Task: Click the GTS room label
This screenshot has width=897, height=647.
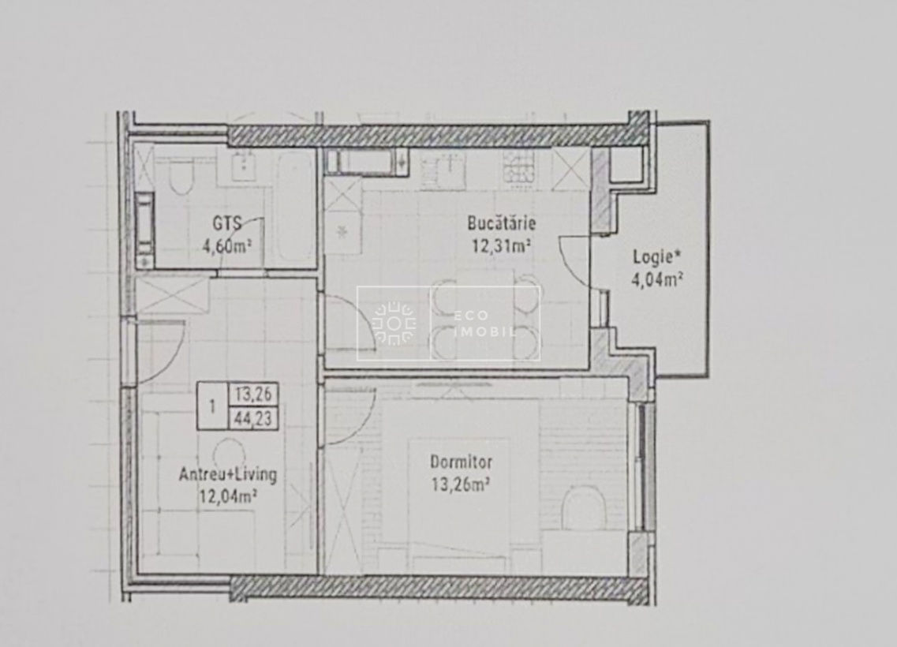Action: (227, 223)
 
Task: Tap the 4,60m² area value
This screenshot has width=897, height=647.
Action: (228, 246)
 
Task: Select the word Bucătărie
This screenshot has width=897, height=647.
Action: (501, 223)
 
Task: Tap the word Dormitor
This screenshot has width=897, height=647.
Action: (461, 462)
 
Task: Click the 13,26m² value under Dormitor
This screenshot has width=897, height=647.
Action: (461, 485)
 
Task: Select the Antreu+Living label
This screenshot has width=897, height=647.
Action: (228, 474)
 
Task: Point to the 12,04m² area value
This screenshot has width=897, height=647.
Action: (228, 496)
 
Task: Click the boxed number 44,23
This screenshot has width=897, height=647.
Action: (253, 419)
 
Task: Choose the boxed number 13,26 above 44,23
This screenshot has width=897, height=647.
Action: (253, 395)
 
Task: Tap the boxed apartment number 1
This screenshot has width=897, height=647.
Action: (212, 406)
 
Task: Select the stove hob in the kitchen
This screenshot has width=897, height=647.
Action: (519, 166)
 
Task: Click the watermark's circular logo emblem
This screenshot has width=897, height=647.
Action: (394, 323)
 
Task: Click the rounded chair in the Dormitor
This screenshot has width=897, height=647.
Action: (585, 507)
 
